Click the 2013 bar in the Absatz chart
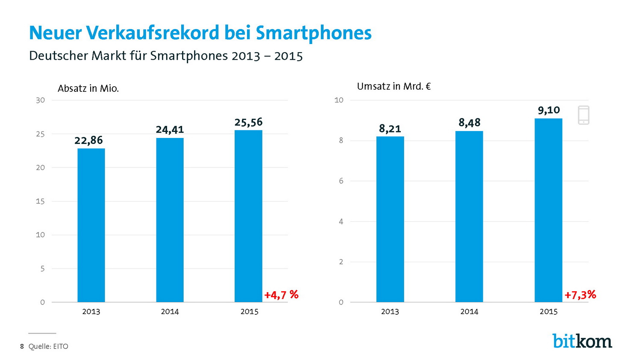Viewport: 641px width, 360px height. (91, 225)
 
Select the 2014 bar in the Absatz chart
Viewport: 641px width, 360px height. (170, 220)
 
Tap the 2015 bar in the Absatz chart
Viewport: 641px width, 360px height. (248, 216)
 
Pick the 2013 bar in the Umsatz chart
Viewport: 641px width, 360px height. (390, 219)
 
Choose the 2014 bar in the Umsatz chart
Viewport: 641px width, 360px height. (469, 217)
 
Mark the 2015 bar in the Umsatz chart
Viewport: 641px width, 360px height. (548, 210)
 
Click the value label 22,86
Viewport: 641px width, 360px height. (88, 140)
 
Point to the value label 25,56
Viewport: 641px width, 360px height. (248, 123)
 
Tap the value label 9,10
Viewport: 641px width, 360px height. (549, 110)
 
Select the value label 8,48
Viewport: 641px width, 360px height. (469, 123)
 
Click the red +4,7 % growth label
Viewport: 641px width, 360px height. (281, 295)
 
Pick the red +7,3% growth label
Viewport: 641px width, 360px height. (580, 295)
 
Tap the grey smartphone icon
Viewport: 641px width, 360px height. (583, 115)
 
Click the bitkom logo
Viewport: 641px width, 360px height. (582, 341)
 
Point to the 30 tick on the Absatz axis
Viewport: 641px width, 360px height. (40, 100)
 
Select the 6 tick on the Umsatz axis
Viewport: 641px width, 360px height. (341, 181)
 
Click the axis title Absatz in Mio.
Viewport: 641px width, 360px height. (88, 88)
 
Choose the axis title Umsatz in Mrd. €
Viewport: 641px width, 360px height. (394, 86)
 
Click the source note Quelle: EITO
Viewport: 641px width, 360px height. (48, 346)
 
